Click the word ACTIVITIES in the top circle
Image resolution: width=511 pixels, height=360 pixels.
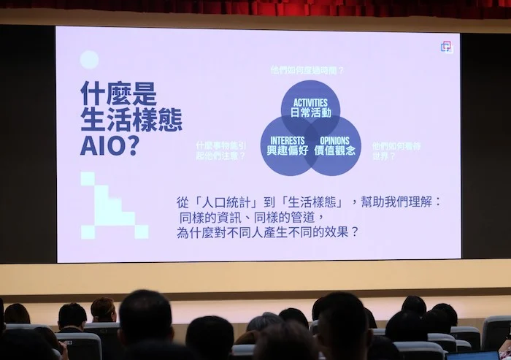click(x=310, y=103)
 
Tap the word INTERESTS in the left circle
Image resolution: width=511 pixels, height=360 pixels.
click(x=287, y=140)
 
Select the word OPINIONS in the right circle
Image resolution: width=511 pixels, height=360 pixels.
click(x=334, y=140)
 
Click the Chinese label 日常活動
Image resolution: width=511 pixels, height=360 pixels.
click(x=310, y=113)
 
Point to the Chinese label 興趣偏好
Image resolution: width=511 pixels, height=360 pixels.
click(x=287, y=150)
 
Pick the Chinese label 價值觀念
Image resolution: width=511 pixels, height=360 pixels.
click(x=334, y=150)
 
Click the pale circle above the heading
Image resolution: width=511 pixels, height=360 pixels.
click(x=89, y=60)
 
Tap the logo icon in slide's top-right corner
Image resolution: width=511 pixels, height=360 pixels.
click(x=447, y=47)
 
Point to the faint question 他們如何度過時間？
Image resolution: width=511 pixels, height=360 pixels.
click(x=307, y=70)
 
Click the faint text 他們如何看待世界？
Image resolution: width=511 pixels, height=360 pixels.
click(x=396, y=150)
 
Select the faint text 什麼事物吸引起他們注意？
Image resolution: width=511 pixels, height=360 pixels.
click(x=220, y=150)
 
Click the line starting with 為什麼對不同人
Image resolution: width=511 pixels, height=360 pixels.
click(x=268, y=233)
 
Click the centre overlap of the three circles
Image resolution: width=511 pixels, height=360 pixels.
click(x=310, y=134)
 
